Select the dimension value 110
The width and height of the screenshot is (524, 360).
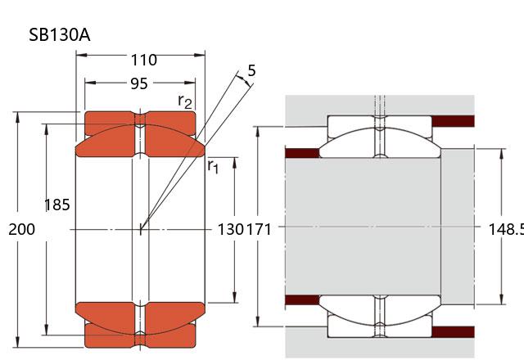pos(143,60)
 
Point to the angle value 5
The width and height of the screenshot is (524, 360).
pos(251,70)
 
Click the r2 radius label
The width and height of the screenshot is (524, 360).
pos(186,101)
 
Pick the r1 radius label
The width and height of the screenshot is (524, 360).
pos(213,167)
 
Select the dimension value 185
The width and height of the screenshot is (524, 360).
pos(56,205)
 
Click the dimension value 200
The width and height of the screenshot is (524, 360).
pos(21,230)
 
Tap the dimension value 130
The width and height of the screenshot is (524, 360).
pos(229,230)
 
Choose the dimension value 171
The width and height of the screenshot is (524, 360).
pos(258,230)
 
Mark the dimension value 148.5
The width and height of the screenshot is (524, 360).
pos(508,230)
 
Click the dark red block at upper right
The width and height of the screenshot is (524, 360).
pos(453,121)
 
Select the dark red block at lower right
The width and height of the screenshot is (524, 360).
pos(453,331)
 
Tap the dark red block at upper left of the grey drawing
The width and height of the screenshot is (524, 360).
pos(300,152)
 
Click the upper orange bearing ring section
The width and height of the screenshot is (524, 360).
pos(140,136)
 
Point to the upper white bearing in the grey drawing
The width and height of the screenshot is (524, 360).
pos(378,136)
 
